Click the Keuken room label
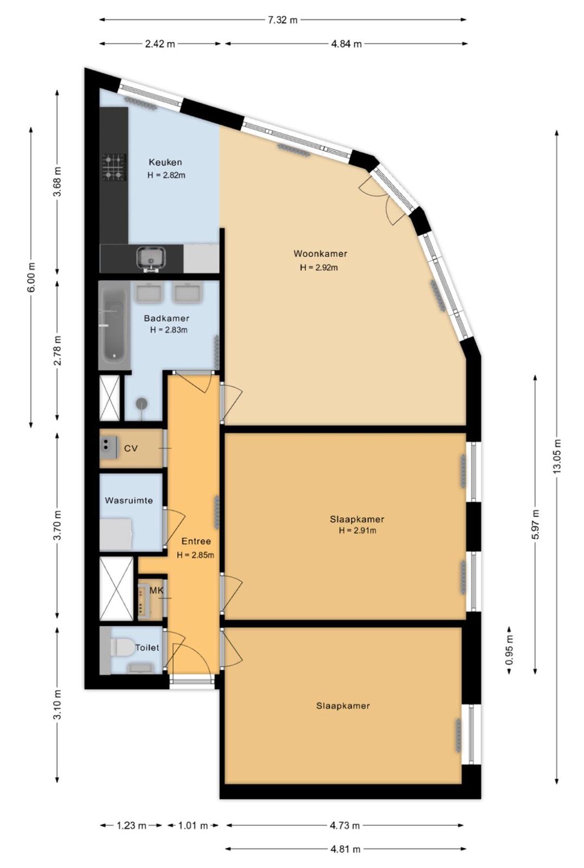166,162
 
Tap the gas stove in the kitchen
114,167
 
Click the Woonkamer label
320,254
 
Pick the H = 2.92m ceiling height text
319,267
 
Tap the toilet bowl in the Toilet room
122,648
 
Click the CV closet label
131,448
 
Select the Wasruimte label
129,500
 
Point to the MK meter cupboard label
156,591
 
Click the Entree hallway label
196,541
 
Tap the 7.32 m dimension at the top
283,20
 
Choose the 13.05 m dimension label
557,456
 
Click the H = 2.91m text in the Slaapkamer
357,531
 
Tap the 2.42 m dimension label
160,44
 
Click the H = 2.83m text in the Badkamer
169,330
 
